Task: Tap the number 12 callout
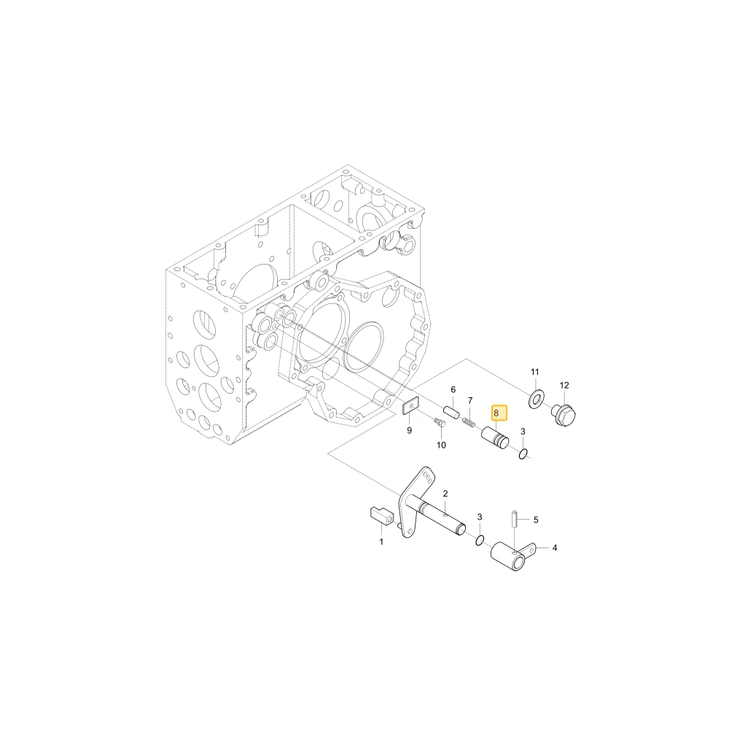(x=564, y=386)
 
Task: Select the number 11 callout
(x=534, y=372)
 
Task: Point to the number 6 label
(x=453, y=389)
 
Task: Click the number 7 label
(x=470, y=400)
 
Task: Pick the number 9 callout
(x=409, y=431)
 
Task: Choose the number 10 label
(x=441, y=445)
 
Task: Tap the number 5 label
(x=536, y=520)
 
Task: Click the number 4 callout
(x=554, y=548)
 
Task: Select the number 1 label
(x=381, y=542)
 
